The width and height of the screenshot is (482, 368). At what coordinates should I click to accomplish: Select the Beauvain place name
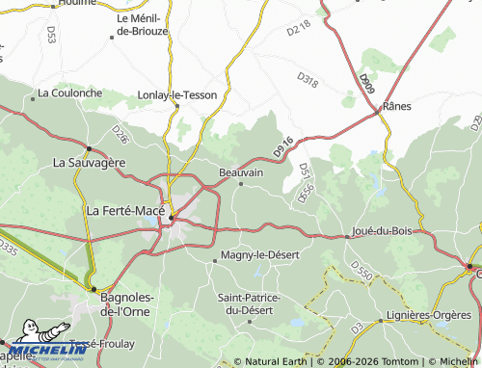[241, 172]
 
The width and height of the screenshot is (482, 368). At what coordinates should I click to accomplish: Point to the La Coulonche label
[68, 93]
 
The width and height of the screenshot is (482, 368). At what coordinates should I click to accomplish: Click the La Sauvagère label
[90, 162]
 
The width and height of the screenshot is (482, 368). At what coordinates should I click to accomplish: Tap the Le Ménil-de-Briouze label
[142, 25]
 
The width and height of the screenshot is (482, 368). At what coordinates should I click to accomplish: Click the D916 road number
[282, 146]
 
